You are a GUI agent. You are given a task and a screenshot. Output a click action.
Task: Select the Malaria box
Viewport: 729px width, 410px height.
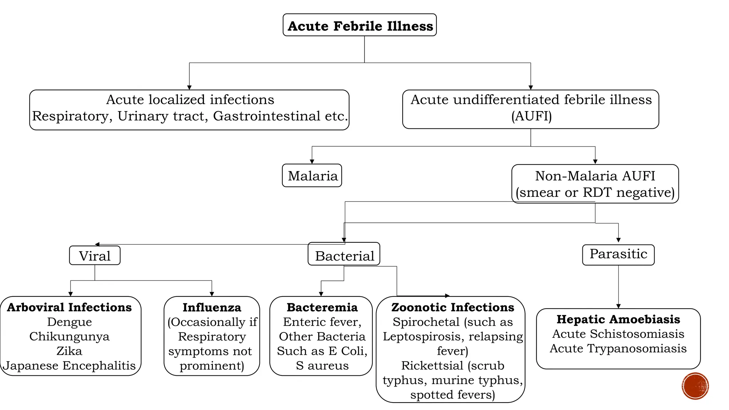pyautogui.click(x=312, y=176)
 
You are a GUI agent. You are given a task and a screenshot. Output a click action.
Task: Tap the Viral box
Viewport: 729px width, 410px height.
pyautogui.click(x=95, y=256)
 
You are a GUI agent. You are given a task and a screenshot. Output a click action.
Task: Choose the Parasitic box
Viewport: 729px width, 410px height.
pyautogui.click(x=618, y=254)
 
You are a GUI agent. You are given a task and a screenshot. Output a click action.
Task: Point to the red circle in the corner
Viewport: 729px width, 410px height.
pyautogui.click(x=695, y=386)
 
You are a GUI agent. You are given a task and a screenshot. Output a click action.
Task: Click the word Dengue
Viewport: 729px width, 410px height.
pyautogui.click(x=69, y=322)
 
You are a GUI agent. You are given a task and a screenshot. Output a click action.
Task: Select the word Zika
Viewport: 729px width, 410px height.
pyautogui.click(x=69, y=351)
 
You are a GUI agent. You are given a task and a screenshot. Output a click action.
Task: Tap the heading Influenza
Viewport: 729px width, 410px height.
pyautogui.click(x=212, y=307)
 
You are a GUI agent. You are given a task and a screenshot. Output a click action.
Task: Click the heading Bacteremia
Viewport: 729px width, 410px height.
pyautogui.click(x=322, y=307)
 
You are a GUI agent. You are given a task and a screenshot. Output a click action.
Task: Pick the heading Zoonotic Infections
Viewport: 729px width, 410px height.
pyautogui.click(x=452, y=307)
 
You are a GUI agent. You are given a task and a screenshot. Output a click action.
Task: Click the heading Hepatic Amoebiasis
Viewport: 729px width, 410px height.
pyautogui.click(x=618, y=320)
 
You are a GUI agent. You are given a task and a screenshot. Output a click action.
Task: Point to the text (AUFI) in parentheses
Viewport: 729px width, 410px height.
pyautogui.click(x=531, y=116)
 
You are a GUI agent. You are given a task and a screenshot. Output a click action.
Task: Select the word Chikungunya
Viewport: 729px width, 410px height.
pyautogui.click(x=69, y=337)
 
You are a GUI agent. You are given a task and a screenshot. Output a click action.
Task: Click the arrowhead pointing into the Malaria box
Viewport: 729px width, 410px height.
pyautogui.click(x=312, y=162)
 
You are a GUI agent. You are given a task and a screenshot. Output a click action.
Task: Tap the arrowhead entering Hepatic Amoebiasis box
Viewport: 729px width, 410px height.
pyautogui.click(x=618, y=306)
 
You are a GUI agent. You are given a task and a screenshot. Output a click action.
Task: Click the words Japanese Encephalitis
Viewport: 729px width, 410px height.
pyautogui.click(x=69, y=366)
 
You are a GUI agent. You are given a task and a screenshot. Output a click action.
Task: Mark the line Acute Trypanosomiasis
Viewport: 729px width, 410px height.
pyautogui.click(x=618, y=349)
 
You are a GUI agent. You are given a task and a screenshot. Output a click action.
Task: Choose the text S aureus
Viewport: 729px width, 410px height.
pyautogui.click(x=322, y=366)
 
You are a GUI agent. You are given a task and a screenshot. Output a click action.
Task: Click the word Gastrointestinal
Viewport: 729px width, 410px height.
pyautogui.click(x=267, y=116)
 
